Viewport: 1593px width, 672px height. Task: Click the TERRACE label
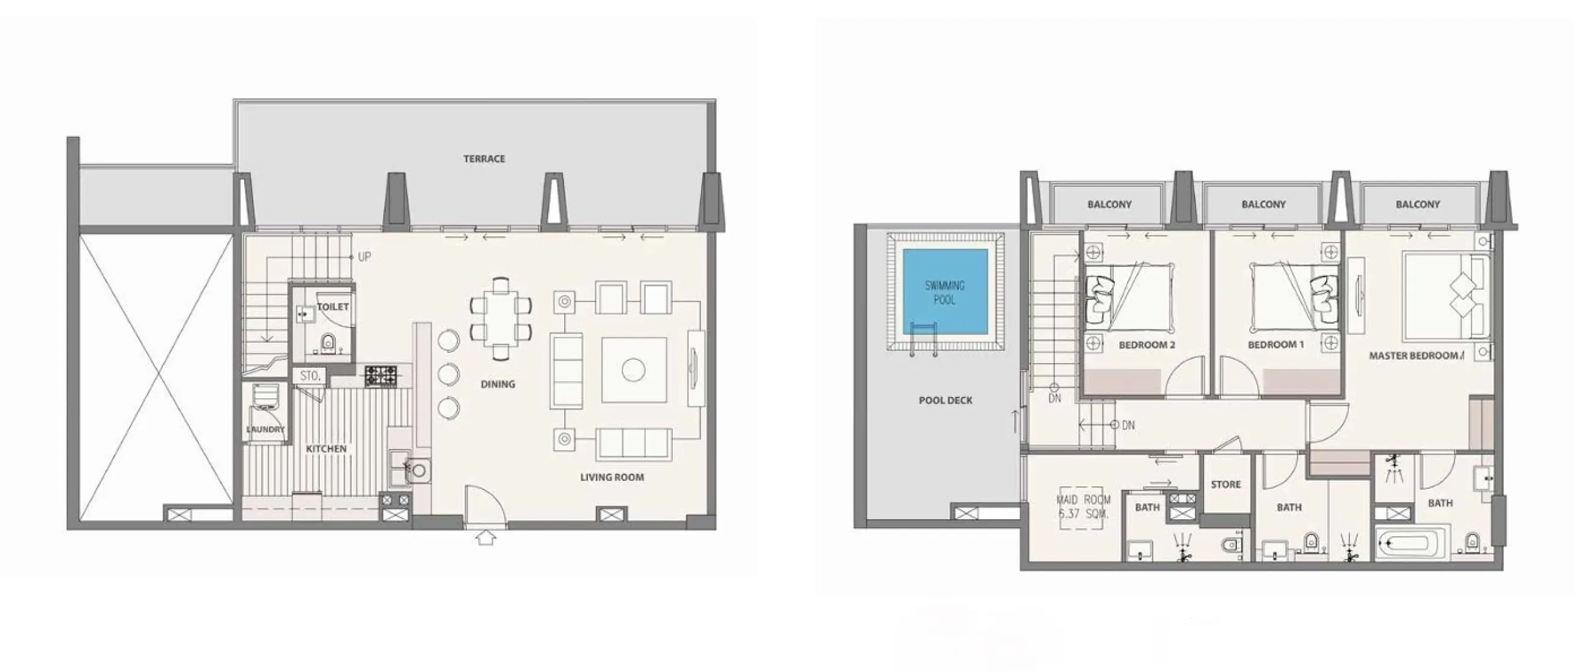(x=484, y=159)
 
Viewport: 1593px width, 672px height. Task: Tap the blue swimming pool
(x=945, y=292)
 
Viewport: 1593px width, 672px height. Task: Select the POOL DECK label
(x=945, y=400)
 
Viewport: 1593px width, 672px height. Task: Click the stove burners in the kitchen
(x=380, y=375)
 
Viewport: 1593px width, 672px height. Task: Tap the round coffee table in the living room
(x=633, y=370)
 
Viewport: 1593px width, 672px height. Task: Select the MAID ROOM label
(x=1083, y=506)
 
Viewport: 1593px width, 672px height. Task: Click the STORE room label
(x=1225, y=484)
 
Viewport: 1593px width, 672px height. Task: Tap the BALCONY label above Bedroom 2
(x=1109, y=204)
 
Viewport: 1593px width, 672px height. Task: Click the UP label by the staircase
(x=365, y=257)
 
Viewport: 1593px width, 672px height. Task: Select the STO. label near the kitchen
(x=309, y=376)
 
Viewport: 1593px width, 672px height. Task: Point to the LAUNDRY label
(x=265, y=429)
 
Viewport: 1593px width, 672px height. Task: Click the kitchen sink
(x=418, y=471)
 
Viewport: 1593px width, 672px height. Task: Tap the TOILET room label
(x=333, y=307)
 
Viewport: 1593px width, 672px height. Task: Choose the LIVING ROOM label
(x=612, y=477)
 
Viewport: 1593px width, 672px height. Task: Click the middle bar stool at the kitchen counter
(x=448, y=374)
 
